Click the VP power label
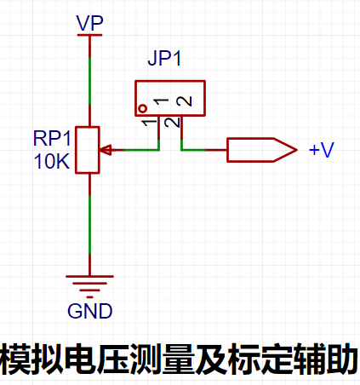pos(89,23)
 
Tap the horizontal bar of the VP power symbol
pos(89,35)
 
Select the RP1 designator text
pos(52,138)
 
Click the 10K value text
pos(52,161)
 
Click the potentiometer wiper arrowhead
pos(106,150)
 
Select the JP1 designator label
pos(164,58)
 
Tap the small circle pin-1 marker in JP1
pos(143,108)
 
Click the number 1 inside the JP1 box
pos(161,101)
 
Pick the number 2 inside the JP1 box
pos(184,101)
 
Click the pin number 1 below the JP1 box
pos(150,123)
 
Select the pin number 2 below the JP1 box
pos(172,123)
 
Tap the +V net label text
pos(322,149)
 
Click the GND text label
pos(89,311)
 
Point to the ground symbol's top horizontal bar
pos(89,276)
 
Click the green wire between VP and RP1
pos(89,82)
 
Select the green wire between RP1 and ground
pos(89,225)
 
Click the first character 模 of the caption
pos(14,359)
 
